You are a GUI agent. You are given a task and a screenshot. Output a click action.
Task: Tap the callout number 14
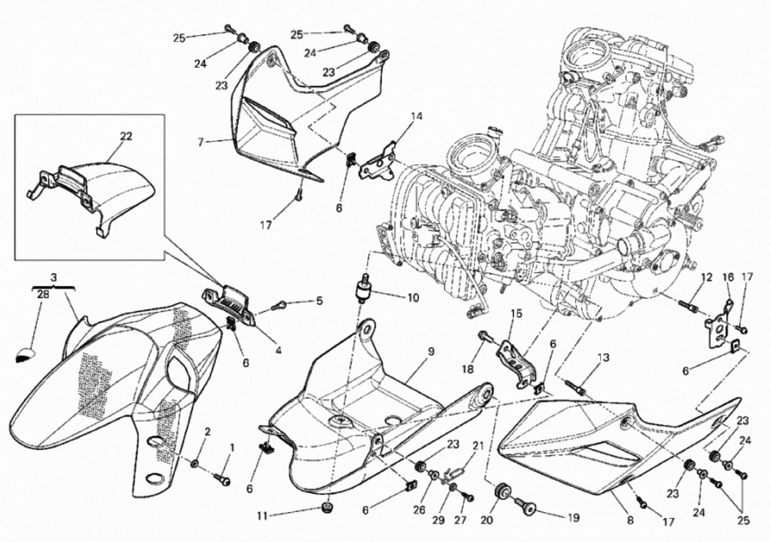tap(417, 116)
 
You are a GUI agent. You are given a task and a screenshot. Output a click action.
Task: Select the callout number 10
tap(413, 298)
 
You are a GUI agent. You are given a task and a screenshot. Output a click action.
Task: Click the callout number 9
tap(431, 352)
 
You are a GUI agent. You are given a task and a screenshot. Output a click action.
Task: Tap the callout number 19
tap(574, 518)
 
